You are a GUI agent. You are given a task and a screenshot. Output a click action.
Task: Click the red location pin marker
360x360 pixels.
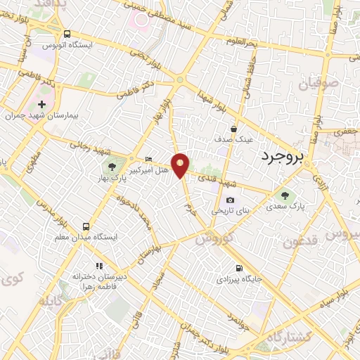[x=181, y=165]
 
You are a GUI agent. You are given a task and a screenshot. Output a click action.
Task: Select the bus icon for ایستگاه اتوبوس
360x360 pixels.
[x=67, y=33]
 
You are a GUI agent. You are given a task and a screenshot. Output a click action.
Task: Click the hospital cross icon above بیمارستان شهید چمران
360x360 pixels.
[x=41, y=104]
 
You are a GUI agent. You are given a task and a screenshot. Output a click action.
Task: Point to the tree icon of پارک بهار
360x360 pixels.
[x=112, y=167]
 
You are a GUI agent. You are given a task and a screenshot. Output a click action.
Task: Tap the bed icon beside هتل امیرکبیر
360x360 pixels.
[x=148, y=159]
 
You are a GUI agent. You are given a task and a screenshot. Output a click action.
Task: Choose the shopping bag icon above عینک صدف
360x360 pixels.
[x=233, y=129]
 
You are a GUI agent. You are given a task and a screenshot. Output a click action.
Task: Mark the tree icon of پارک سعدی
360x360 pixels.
[x=285, y=196]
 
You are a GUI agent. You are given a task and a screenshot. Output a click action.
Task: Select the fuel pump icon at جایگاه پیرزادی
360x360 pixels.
[x=239, y=268]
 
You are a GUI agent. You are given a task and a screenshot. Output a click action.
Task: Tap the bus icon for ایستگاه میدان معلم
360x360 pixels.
[x=86, y=226]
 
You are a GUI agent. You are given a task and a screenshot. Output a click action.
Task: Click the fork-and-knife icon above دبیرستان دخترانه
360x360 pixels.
[x=99, y=266]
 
